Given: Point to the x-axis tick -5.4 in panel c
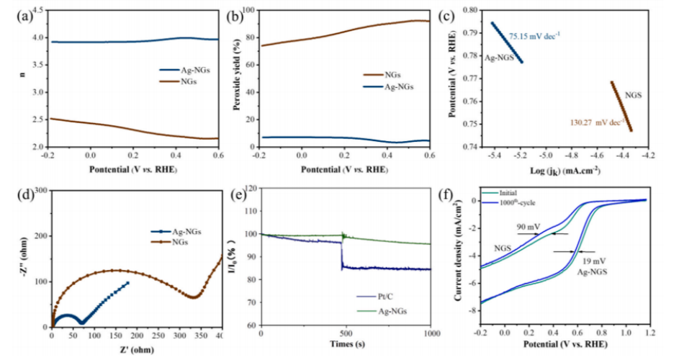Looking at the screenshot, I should (x=494, y=153).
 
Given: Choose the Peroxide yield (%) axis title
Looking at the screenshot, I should (x=235, y=78).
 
